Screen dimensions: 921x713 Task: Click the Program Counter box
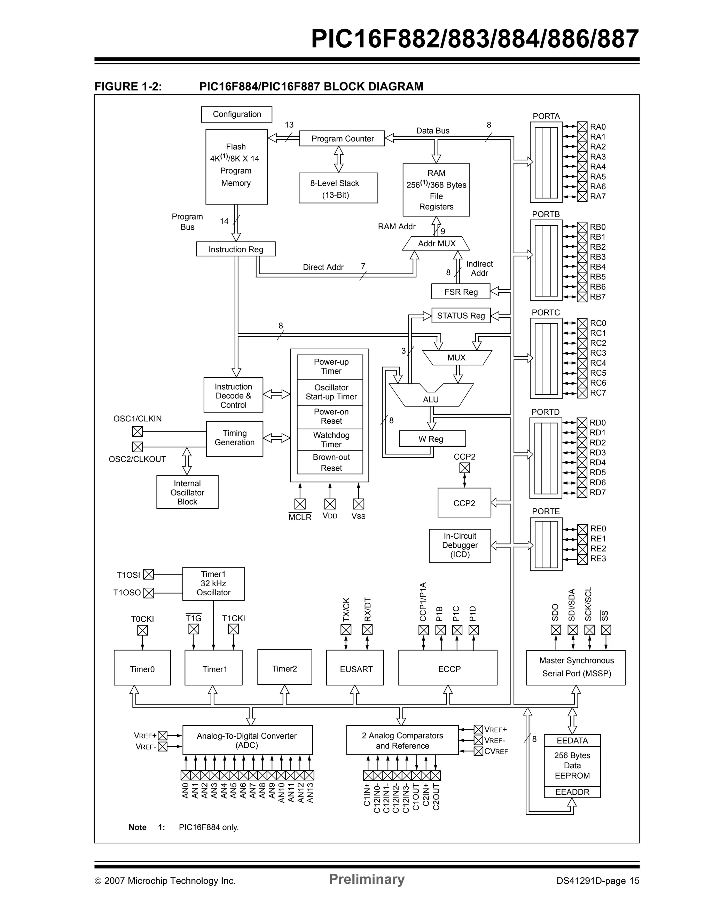(342, 138)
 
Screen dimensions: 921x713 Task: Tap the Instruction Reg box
(235, 249)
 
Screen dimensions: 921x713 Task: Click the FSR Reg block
(460, 291)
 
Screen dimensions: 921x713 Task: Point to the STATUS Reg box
(461, 316)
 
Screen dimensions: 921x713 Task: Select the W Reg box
(432, 438)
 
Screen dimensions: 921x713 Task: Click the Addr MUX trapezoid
(436, 243)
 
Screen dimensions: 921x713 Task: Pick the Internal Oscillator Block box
(187, 492)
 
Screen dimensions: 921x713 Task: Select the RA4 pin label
(597, 167)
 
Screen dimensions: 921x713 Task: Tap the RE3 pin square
(582, 559)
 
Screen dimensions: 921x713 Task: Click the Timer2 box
(284, 668)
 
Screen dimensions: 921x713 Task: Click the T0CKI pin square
(143, 630)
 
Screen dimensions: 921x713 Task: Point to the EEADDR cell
(572, 792)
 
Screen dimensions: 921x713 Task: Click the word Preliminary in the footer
(366, 879)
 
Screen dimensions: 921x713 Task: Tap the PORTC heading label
(546, 312)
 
